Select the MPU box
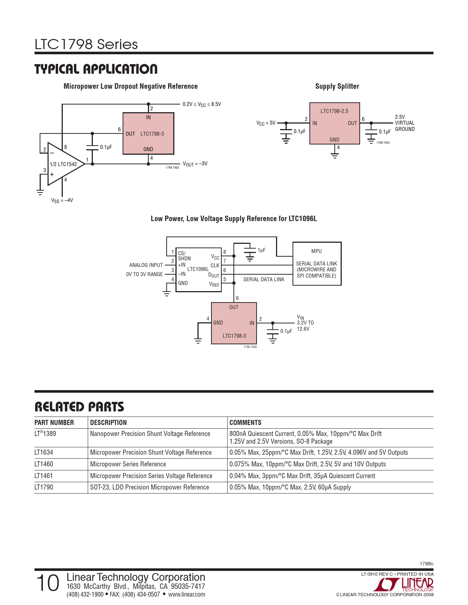click(x=317, y=263)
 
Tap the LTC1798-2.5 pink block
click(x=334, y=124)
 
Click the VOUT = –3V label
click(x=195, y=164)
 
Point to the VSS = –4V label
click(x=62, y=201)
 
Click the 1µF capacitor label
click(x=261, y=250)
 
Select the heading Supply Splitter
click(x=337, y=87)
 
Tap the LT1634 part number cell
click(x=44, y=452)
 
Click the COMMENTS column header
click(x=245, y=422)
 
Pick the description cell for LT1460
click(x=128, y=464)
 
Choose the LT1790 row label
click(x=44, y=487)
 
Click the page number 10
click(x=48, y=583)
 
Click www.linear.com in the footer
click(x=186, y=594)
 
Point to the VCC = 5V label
click(x=266, y=123)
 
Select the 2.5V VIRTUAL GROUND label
click(x=404, y=123)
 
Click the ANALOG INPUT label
click(x=146, y=265)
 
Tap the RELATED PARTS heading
click(x=79, y=407)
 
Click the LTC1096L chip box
click(x=198, y=269)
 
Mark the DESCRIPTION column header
click(x=108, y=422)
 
